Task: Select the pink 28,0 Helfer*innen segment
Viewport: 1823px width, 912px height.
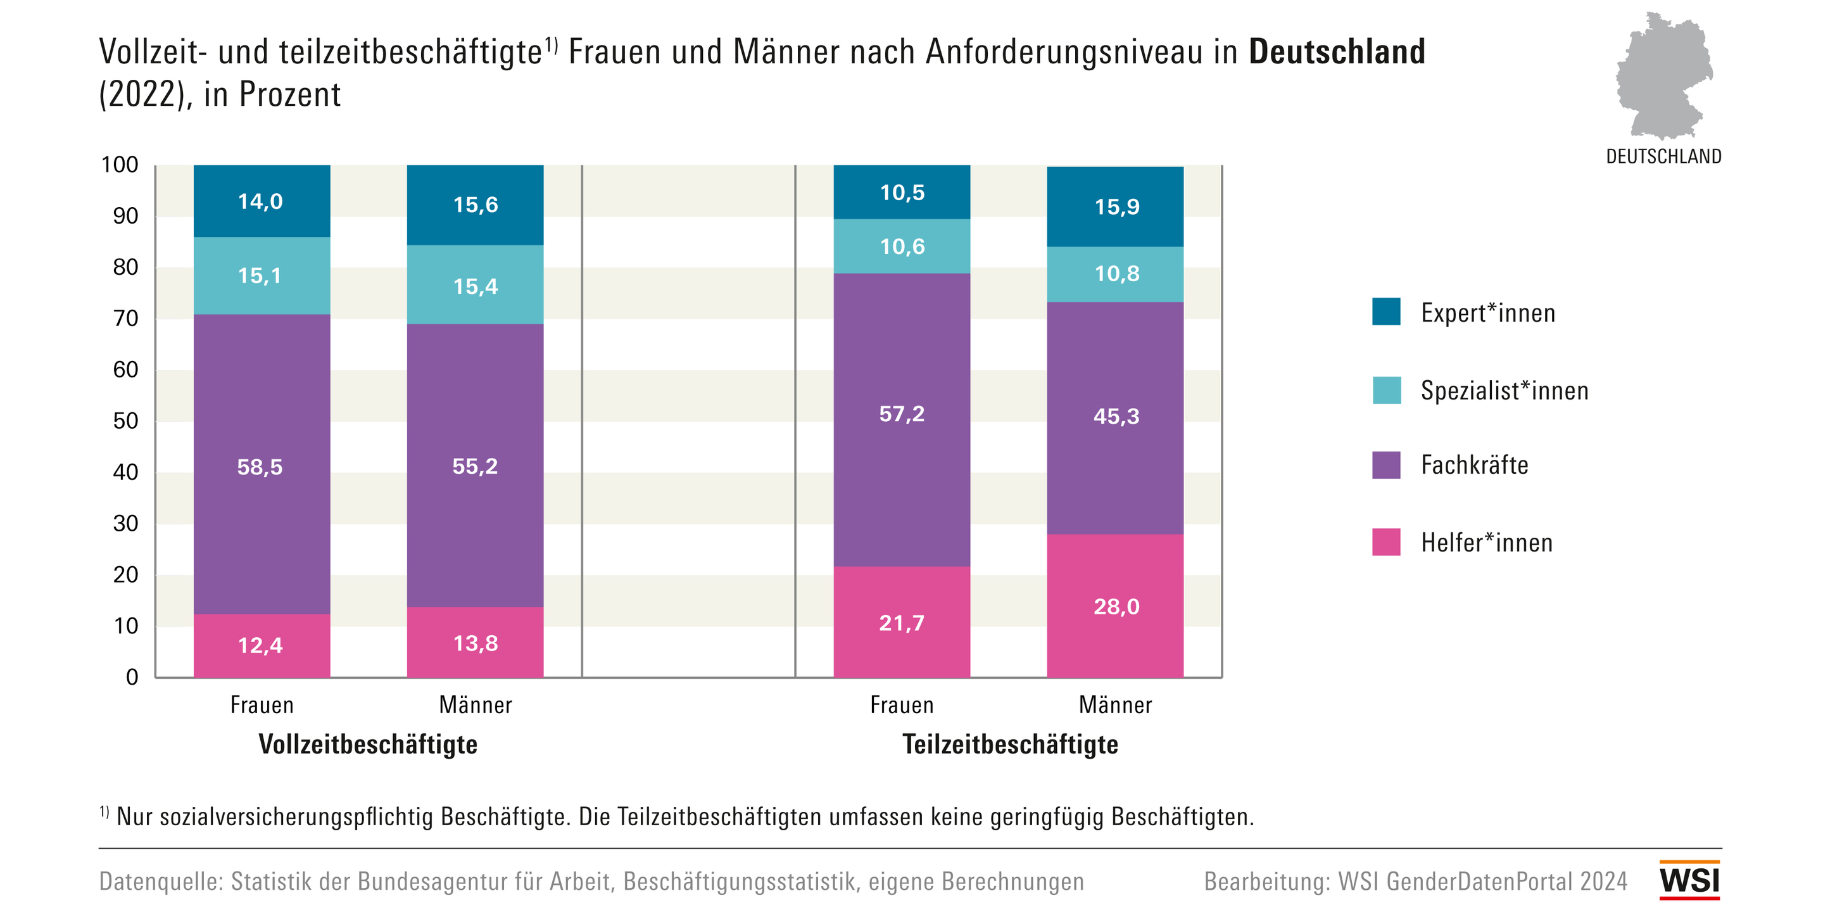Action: (x=1115, y=605)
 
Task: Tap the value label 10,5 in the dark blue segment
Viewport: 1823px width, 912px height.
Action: (x=902, y=193)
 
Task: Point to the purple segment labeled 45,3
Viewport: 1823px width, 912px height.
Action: (x=1115, y=416)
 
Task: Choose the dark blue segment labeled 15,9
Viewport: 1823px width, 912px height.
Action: (x=1115, y=206)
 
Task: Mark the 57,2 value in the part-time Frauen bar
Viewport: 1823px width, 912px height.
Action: (x=902, y=414)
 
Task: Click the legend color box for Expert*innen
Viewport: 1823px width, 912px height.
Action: (x=1385, y=312)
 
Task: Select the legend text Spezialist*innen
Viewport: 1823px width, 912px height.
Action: (x=1504, y=391)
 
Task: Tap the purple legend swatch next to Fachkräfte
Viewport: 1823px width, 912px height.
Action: (x=1385, y=465)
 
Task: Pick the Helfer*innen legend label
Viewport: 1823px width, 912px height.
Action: (x=1486, y=542)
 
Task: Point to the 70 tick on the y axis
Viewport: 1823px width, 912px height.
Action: (x=126, y=319)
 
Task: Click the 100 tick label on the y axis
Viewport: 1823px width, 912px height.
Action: (x=120, y=165)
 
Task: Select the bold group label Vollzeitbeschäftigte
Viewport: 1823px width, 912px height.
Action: (x=368, y=744)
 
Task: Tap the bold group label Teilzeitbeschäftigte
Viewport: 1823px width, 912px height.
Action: (x=1010, y=744)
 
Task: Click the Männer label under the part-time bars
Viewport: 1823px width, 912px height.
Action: (x=1115, y=706)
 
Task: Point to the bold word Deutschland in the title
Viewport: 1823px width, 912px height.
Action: (x=1336, y=53)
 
